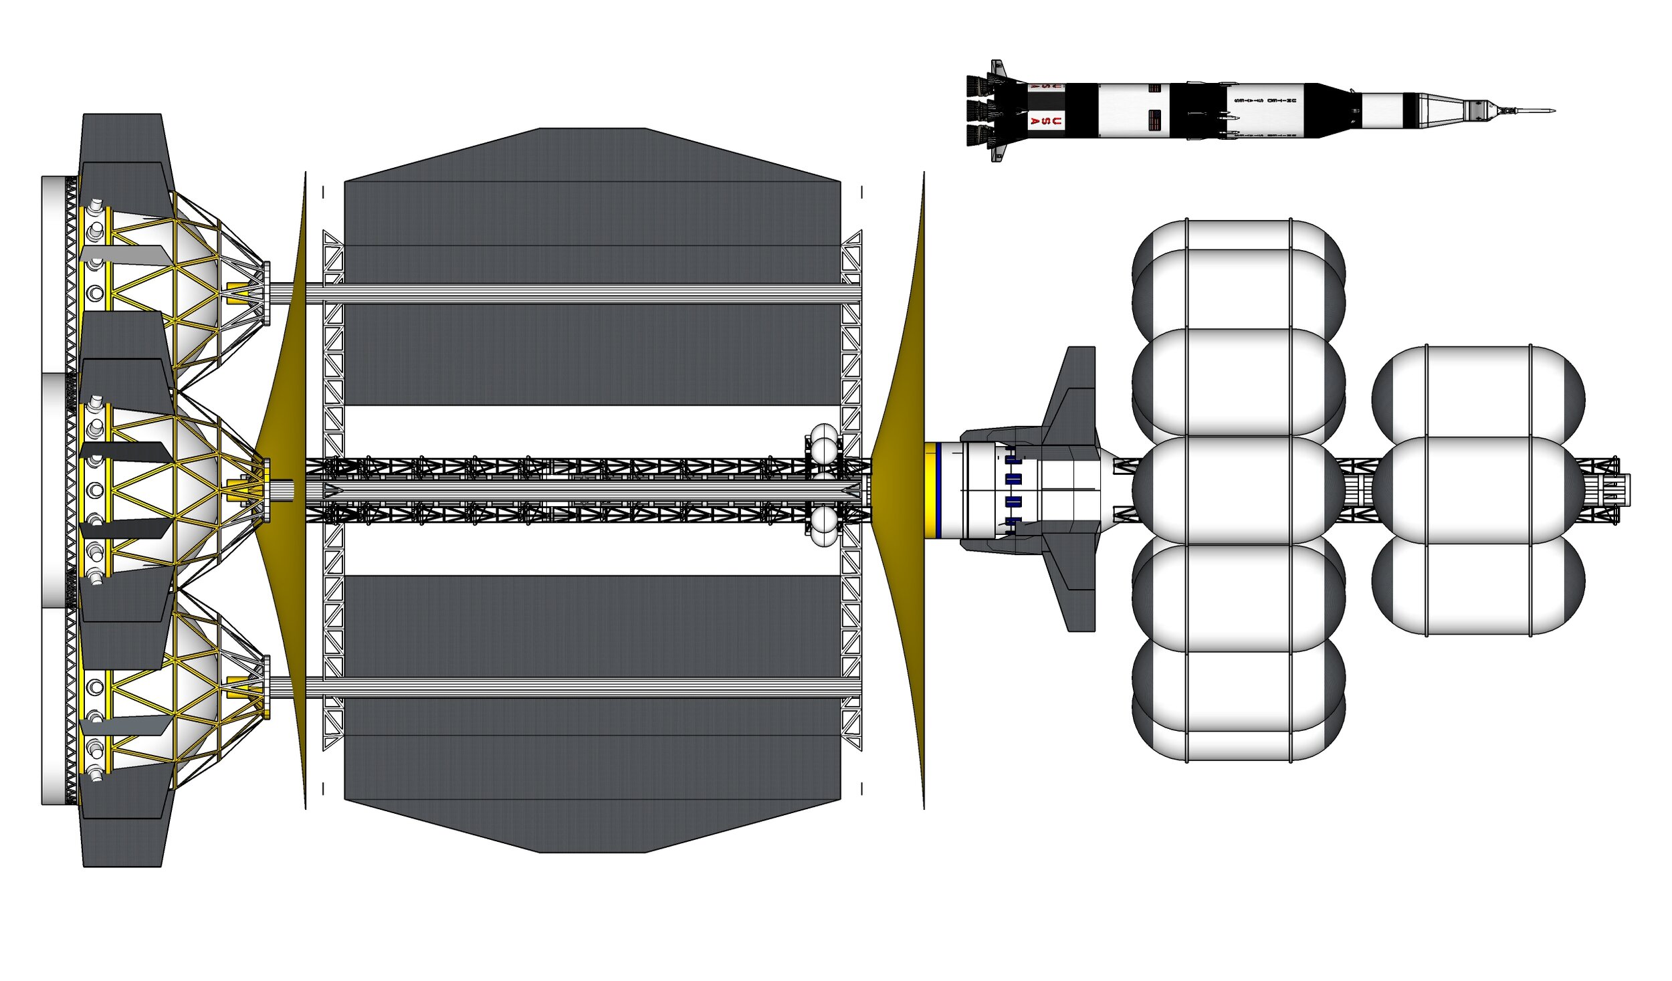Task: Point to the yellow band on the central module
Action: [x=930, y=490]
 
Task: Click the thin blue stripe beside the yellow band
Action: [x=939, y=490]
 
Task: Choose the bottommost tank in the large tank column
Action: [x=1238, y=732]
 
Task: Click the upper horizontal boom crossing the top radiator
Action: [x=582, y=294]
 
